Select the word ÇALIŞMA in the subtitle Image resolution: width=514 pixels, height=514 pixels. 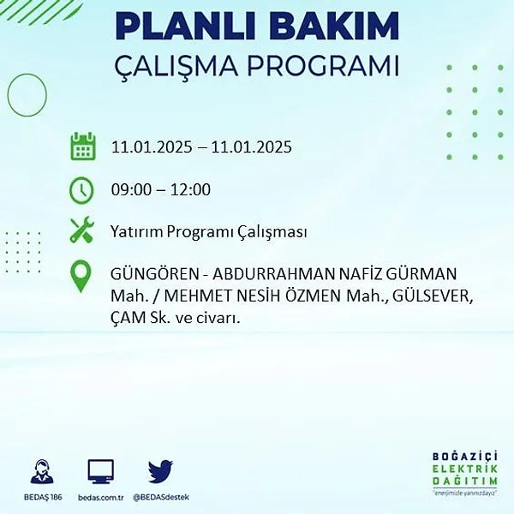176,67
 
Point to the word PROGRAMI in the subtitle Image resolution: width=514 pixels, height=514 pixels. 323,66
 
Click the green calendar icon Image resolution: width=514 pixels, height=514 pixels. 83,146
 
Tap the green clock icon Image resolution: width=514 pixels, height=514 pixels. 81,190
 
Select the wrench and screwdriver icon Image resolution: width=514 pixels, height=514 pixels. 82,230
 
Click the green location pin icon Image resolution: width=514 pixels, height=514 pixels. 81,276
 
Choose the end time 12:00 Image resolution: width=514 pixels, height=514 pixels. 190,189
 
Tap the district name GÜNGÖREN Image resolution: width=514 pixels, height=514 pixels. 155,274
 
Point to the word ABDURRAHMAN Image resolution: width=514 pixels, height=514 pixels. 273,274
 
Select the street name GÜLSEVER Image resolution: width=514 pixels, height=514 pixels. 433,296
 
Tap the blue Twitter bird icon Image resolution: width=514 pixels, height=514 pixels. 160,471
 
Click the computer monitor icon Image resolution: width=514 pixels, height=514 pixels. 100,472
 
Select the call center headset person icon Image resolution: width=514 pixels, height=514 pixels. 42,471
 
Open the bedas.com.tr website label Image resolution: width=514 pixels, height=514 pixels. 100,498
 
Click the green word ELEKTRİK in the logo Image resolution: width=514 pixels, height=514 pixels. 464,469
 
